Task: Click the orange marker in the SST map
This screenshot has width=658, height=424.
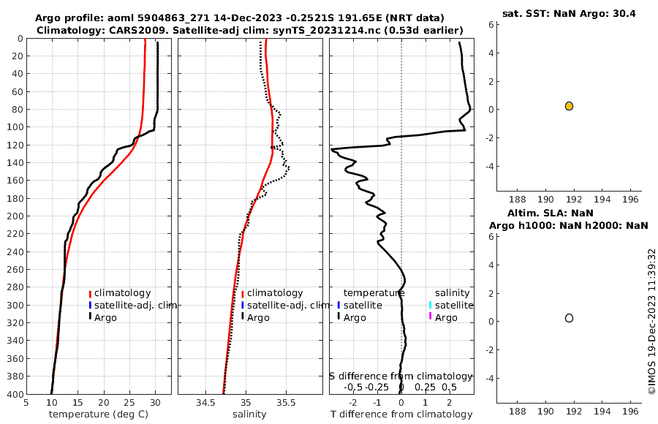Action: pyautogui.click(x=569, y=106)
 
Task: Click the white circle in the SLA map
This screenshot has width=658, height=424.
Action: pyautogui.click(x=569, y=318)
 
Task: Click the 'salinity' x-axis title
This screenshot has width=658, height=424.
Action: pyautogui.click(x=249, y=414)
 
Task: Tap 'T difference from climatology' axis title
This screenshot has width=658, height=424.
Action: pyautogui.click(x=401, y=414)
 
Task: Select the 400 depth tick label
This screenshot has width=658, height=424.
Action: pyautogui.click(x=13, y=394)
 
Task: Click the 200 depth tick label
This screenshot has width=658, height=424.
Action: pyautogui.click(x=13, y=216)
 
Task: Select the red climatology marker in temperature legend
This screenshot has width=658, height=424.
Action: pyautogui.click(x=90, y=293)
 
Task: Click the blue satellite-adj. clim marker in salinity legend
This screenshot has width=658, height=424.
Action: pyautogui.click(x=243, y=305)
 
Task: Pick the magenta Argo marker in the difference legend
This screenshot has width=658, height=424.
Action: pyautogui.click(x=431, y=317)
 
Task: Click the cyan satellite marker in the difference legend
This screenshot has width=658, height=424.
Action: pyautogui.click(x=431, y=305)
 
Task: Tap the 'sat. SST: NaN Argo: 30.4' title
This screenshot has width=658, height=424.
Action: pyautogui.click(x=568, y=13)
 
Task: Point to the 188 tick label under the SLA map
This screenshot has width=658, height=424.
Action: pyautogui.click(x=518, y=412)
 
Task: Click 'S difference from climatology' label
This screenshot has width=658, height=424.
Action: pyautogui.click(x=401, y=376)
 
